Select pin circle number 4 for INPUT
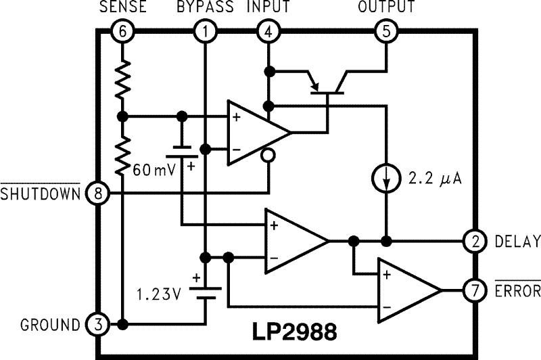click(x=268, y=31)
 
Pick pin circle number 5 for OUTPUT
click(x=387, y=31)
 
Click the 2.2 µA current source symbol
click(x=387, y=181)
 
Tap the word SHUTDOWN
click(x=41, y=195)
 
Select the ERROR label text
click(x=518, y=291)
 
